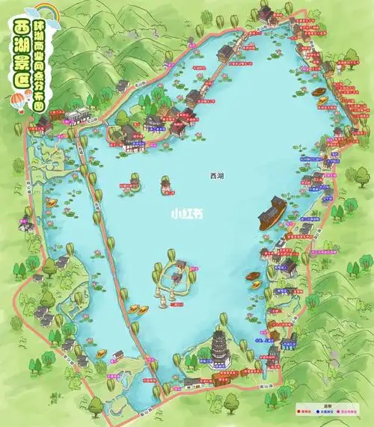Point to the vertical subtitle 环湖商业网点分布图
[51, 67]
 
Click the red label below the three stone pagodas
[177, 304]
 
